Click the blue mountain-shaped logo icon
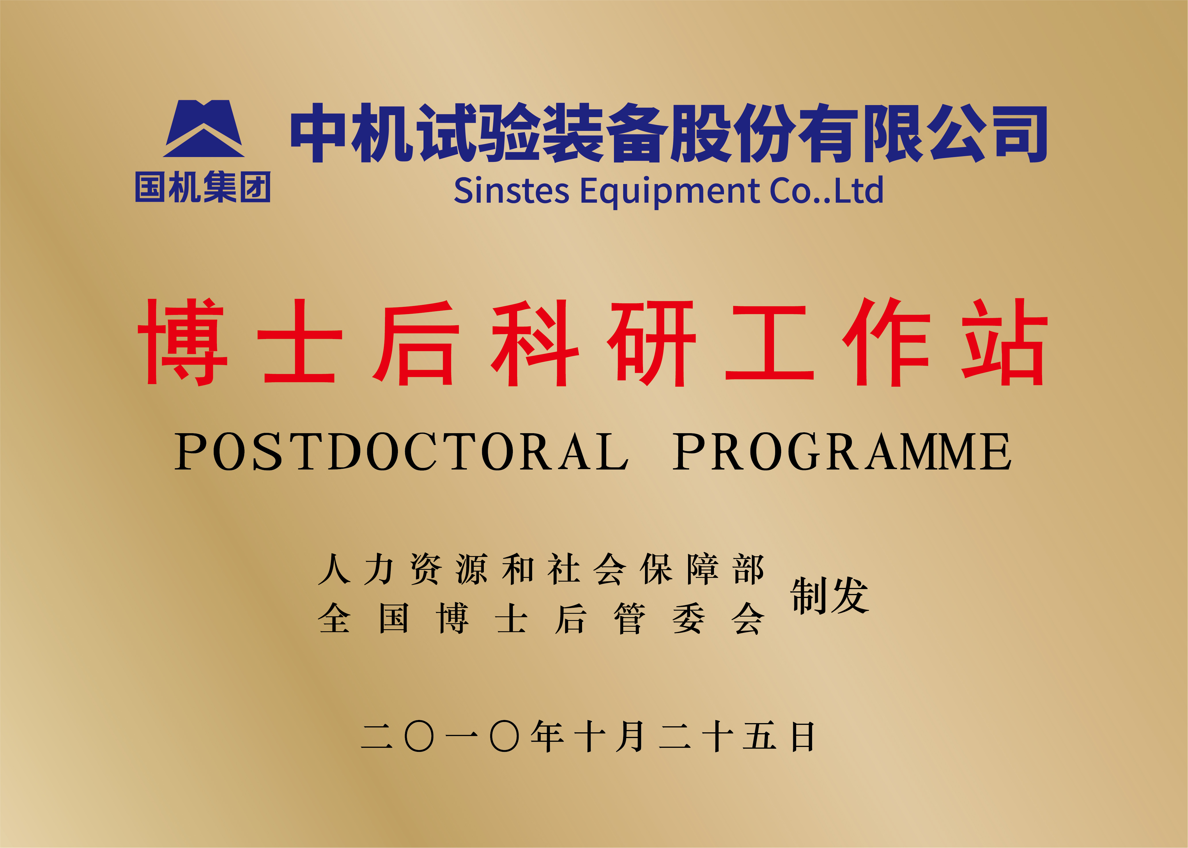click(203, 128)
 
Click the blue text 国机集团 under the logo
click(203, 187)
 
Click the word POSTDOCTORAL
click(401, 452)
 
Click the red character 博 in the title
click(182, 342)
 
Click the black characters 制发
click(829, 595)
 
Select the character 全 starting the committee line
click(334, 618)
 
